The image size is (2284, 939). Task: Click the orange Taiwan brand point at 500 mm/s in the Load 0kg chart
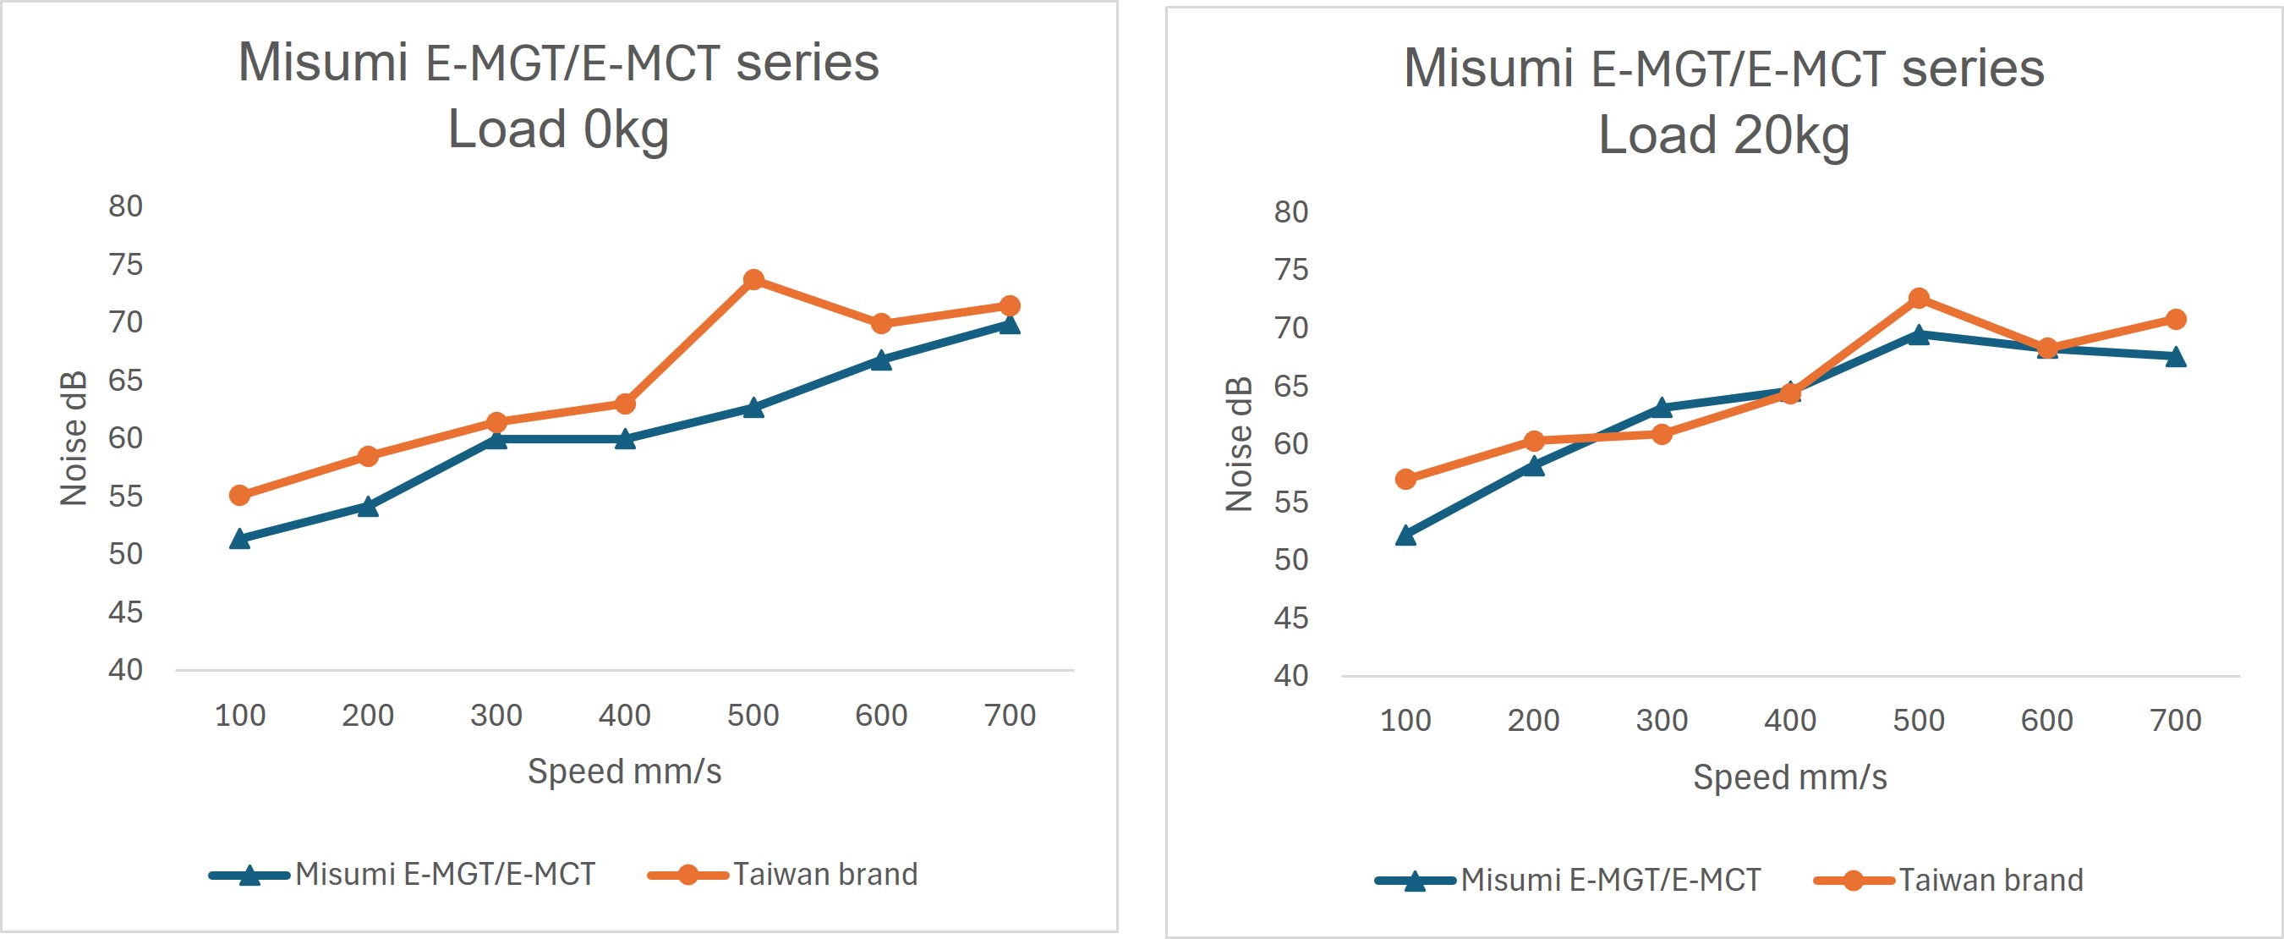pos(753,280)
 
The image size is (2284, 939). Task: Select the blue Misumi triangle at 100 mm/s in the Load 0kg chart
pos(239,538)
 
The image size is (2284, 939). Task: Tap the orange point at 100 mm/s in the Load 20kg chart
pos(1405,480)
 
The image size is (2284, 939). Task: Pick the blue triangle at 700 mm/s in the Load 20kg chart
pos(2175,357)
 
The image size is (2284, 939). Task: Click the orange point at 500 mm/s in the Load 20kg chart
pos(1919,298)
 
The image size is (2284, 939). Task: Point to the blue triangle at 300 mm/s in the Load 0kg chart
pos(496,439)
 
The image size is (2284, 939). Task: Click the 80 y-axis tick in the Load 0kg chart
pos(126,206)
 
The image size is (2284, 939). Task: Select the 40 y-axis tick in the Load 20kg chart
pos(1291,677)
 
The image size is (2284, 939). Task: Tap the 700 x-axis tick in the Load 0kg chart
pos(1010,716)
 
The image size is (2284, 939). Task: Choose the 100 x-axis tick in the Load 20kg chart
pos(1405,721)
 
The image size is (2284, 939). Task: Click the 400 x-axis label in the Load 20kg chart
pos(1790,721)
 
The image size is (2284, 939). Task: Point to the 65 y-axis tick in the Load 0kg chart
pos(126,381)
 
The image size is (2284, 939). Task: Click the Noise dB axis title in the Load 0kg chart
pos(74,438)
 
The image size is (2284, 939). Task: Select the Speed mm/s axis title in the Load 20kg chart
pos(1790,777)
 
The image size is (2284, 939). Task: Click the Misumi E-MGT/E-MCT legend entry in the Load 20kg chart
pos(1610,881)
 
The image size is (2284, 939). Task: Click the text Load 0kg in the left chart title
pos(558,129)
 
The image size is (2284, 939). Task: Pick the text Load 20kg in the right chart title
pos(1723,135)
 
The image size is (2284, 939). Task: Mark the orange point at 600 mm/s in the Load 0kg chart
pos(881,324)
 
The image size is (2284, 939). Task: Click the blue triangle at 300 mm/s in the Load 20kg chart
pos(1662,408)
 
